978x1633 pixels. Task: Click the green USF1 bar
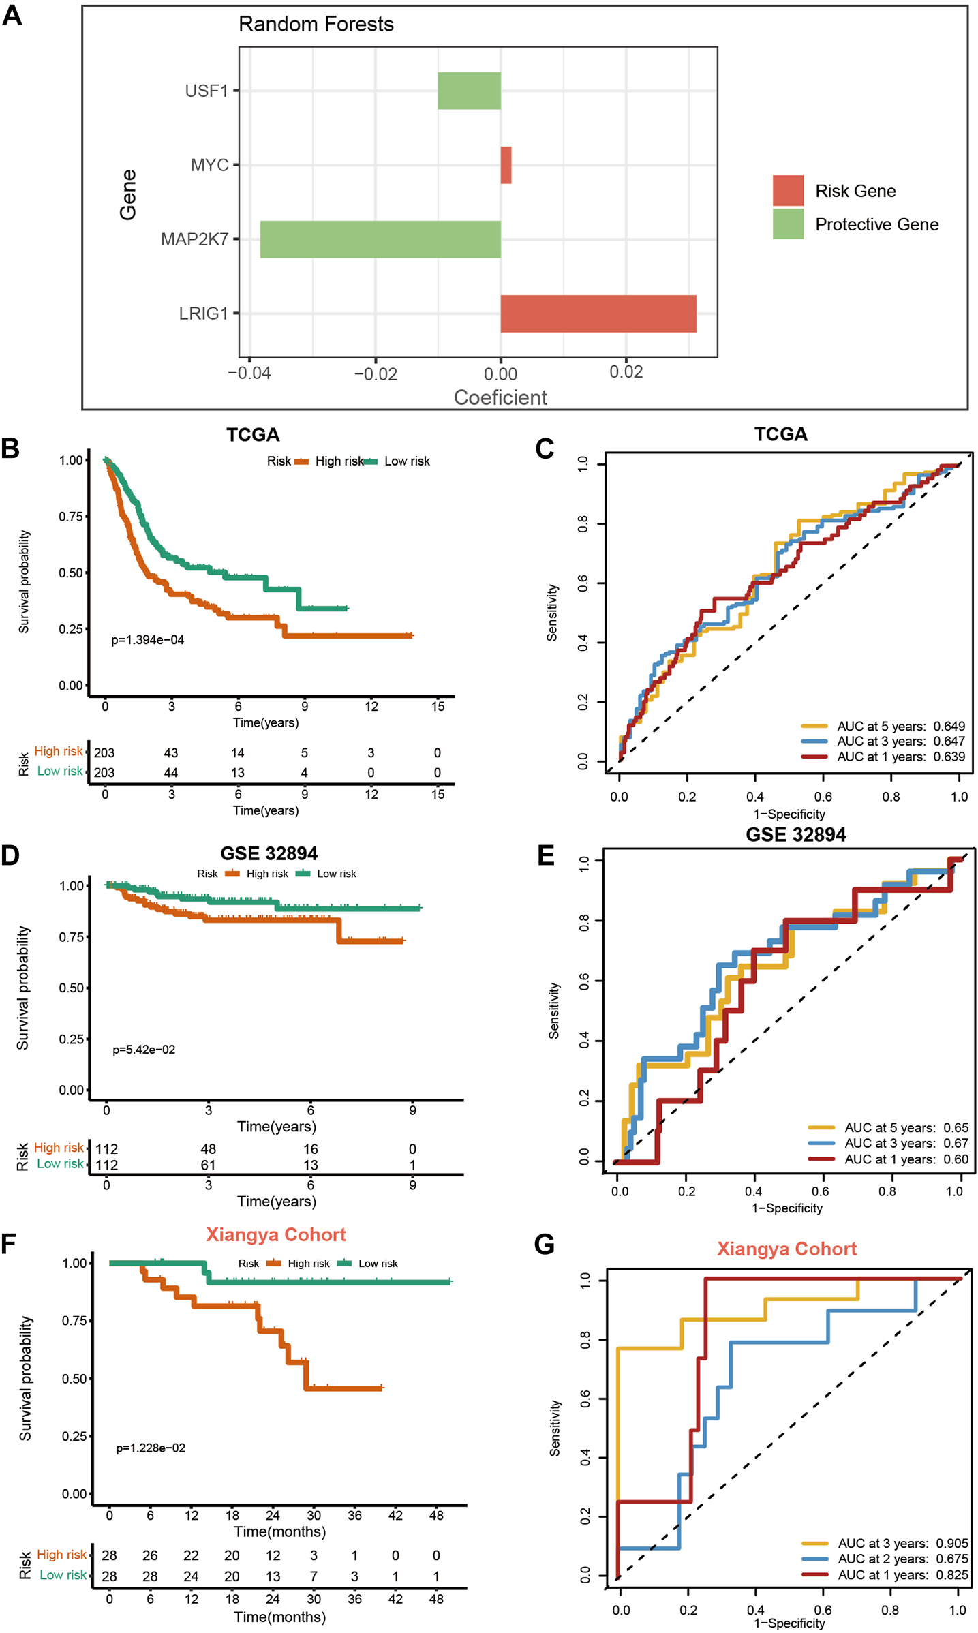[x=469, y=91]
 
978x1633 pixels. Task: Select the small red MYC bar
[x=506, y=165]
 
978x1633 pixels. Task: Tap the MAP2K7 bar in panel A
[x=380, y=239]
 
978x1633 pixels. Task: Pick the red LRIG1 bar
[x=598, y=314]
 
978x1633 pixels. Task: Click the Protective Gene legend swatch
[x=788, y=224]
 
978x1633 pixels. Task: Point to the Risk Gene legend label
[x=855, y=191]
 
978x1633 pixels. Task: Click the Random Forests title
[x=316, y=25]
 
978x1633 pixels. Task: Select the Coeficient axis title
[x=500, y=397]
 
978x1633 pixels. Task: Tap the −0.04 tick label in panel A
[x=249, y=373]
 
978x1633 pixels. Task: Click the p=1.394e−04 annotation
[x=148, y=640]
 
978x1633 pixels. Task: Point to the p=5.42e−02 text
[x=144, y=1050]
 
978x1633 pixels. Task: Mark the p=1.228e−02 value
[x=151, y=1448]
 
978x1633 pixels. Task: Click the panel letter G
[x=545, y=1245]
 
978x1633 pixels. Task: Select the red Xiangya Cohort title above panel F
[x=276, y=1235]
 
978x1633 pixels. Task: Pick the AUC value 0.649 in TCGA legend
[x=949, y=726]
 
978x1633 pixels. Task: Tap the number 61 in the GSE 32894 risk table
[x=209, y=1165]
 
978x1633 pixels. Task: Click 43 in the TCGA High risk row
[x=171, y=753]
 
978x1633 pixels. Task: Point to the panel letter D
[x=11, y=855]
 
